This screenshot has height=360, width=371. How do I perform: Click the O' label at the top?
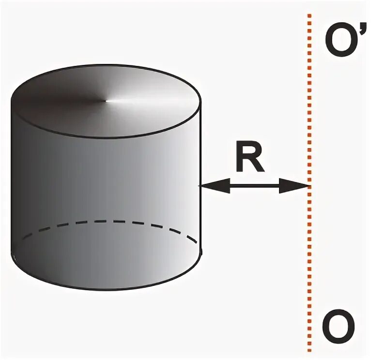pyautogui.click(x=342, y=41)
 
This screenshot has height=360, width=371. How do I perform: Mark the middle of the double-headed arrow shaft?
pyautogui.click(x=254, y=185)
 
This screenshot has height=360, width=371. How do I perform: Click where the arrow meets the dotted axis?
pyautogui.click(x=309, y=185)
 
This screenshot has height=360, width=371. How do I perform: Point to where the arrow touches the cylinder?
pyautogui.click(x=201, y=185)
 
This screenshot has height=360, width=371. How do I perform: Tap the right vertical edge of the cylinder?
pyautogui.click(x=201, y=145)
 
